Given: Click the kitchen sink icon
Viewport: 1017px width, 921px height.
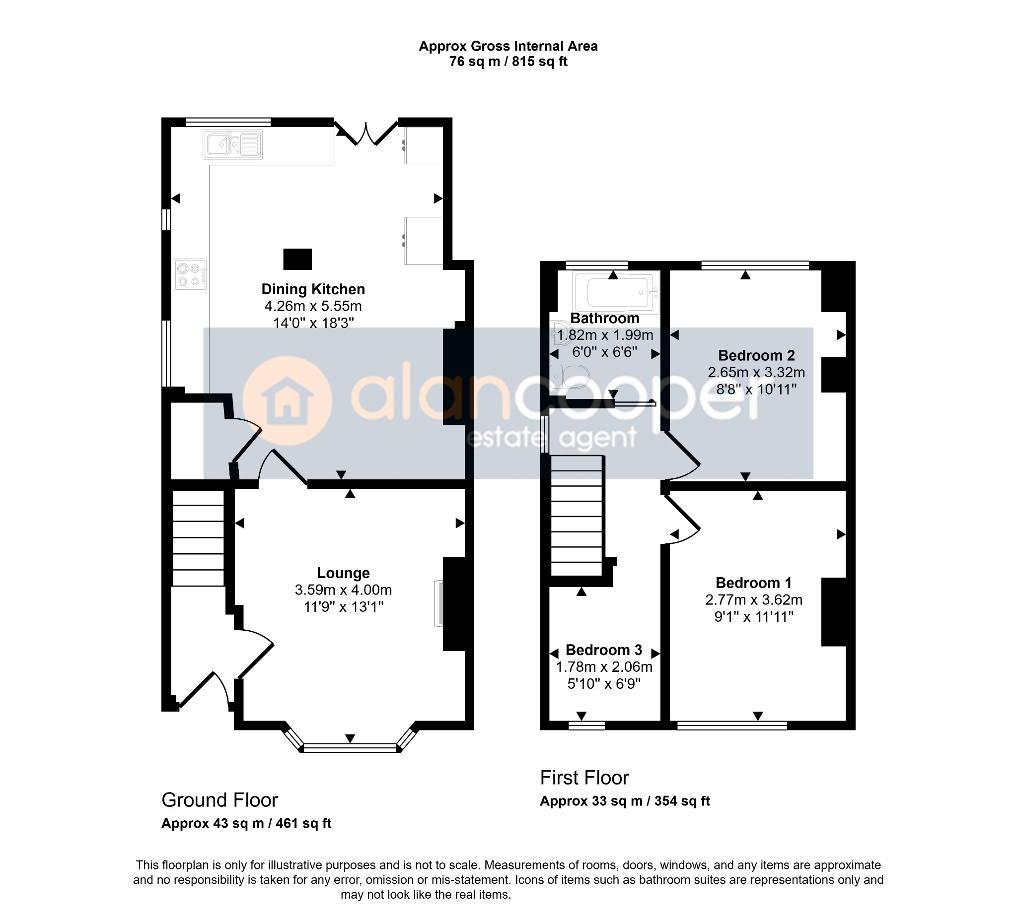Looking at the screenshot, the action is [x=232, y=144].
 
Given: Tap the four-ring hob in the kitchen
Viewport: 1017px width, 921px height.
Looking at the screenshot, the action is [x=190, y=275].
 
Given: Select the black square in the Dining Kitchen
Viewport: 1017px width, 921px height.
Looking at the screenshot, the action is [x=297, y=259].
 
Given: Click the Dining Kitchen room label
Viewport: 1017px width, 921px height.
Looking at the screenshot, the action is [x=313, y=289].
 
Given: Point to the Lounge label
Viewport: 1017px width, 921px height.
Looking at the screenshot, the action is [x=343, y=573].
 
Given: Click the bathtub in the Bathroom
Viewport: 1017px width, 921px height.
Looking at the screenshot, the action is [x=616, y=292].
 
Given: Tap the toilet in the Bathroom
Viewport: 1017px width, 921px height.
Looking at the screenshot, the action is [x=570, y=376].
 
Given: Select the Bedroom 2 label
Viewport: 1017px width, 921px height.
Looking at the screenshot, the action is [x=756, y=355].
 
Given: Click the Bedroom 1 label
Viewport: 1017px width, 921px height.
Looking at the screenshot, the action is [x=754, y=583].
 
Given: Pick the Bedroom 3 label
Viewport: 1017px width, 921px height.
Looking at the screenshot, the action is [x=604, y=650].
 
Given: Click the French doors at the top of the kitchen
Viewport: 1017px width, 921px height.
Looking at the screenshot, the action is [x=366, y=132].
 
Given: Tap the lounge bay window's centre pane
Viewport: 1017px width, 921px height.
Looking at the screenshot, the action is [x=350, y=748].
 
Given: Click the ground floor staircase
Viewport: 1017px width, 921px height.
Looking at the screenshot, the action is [x=198, y=538].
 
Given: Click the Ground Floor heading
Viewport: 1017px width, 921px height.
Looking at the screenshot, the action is [x=219, y=800].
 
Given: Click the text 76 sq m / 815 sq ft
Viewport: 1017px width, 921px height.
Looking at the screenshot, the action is [x=508, y=62].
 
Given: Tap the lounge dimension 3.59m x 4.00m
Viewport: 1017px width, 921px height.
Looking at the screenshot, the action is [x=343, y=590].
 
